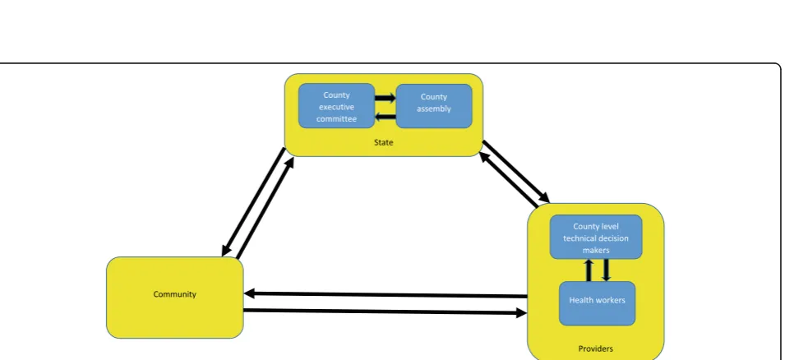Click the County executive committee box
coord(336,106)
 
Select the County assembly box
coord(434,106)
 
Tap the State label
coord(384,143)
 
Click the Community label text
coord(175,294)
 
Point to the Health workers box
coord(597,303)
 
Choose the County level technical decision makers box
coord(596,238)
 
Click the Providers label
coord(595,349)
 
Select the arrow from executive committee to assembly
coord(386,98)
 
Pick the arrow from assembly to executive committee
coord(386,118)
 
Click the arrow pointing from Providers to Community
coord(386,295)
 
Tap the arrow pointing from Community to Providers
coord(386,312)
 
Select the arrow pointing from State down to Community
coord(253,201)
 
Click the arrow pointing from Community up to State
coord(265,208)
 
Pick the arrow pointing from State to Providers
coord(516,172)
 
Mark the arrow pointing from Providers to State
coord(509,180)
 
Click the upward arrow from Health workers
coord(589,270)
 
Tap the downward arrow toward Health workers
coord(607,270)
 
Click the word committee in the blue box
coord(336,119)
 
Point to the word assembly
coord(434,109)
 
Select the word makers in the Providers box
coord(596,250)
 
